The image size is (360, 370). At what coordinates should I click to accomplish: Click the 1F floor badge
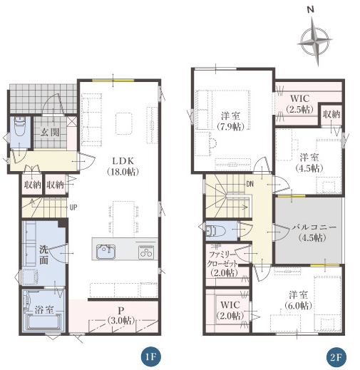(150, 357)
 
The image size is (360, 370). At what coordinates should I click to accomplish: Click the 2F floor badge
(336, 357)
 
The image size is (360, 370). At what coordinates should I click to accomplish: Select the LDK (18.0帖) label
(123, 166)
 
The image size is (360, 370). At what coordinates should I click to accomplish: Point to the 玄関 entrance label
(50, 133)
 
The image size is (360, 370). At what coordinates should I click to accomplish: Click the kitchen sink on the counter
(106, 252)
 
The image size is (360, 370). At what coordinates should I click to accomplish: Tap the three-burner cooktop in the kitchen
(146, 252)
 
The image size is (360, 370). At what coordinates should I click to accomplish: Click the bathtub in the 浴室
(44, 322)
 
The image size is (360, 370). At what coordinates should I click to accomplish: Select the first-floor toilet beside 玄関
(20, 128)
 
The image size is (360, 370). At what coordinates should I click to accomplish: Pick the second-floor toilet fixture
(215, 230)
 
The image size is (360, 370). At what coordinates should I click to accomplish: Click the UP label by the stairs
(73, 207)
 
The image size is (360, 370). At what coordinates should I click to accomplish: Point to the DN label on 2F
(250, 184)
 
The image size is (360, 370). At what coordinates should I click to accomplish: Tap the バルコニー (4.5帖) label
(314, 232)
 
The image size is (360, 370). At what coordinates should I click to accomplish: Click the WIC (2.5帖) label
(299, 103)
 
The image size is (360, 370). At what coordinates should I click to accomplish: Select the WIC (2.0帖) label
(230, 310)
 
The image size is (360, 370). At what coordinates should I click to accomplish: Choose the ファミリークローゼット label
(222, 259)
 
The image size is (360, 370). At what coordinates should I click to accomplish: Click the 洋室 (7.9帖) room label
(230, 121)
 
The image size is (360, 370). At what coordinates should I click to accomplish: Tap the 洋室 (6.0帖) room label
(298, 300)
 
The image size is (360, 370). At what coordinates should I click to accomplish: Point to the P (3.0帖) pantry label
(121, 315)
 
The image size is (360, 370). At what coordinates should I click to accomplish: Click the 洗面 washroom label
(43, 255)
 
